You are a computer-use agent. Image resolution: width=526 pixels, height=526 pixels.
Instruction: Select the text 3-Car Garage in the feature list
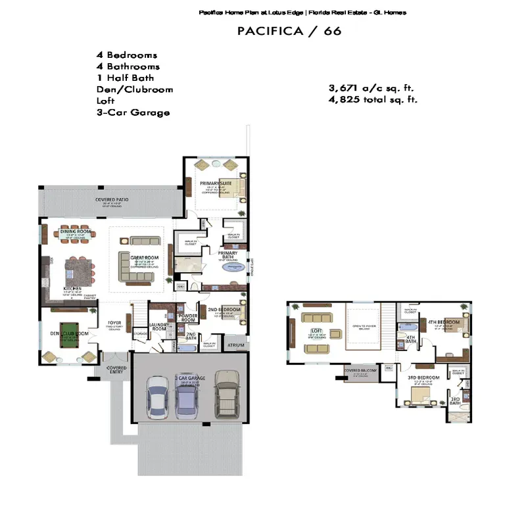click(133, 112)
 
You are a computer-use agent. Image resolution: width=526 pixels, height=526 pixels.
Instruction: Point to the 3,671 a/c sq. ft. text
click(371, 88)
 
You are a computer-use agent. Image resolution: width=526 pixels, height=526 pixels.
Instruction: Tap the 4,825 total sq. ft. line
click(373, 99)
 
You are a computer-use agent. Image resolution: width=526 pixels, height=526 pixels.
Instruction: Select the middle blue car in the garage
click(186, 399)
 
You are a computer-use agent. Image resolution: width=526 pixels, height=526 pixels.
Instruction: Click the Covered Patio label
click(111, 199)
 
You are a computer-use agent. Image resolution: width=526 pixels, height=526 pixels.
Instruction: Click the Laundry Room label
click(159, 326)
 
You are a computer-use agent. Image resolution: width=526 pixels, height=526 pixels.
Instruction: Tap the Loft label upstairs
click(316, 331)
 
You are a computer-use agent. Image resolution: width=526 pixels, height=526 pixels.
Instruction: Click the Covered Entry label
click(116, 370)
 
